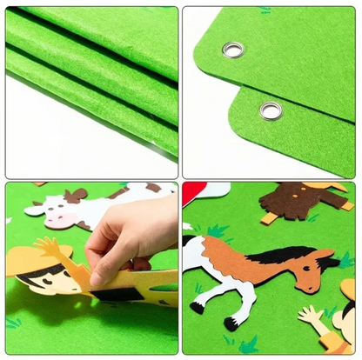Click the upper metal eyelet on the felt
tap(232, 50)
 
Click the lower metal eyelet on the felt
tap(271, 110)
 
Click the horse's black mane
tap(279, 253)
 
